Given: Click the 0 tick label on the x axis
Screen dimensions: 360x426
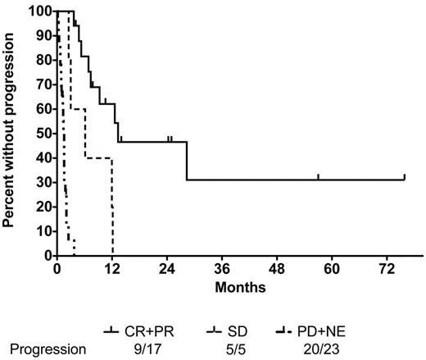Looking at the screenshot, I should (x=57, y=270).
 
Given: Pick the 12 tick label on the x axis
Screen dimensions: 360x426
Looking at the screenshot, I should (x=111, y=270).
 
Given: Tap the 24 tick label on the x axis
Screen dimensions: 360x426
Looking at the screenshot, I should (x=166, y=270).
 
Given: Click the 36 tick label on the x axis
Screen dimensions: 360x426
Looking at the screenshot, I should (x=222, y=270).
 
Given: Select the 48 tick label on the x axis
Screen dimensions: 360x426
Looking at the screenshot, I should (x=277, y=270).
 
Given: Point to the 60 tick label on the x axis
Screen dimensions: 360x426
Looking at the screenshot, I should (x=332, y=270).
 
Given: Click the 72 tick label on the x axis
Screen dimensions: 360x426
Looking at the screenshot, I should (x=387, y=270).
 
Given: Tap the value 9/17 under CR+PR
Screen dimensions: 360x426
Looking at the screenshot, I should (x=148, y=348).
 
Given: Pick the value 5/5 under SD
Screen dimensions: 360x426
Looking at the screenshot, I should (x=243, y=348).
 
